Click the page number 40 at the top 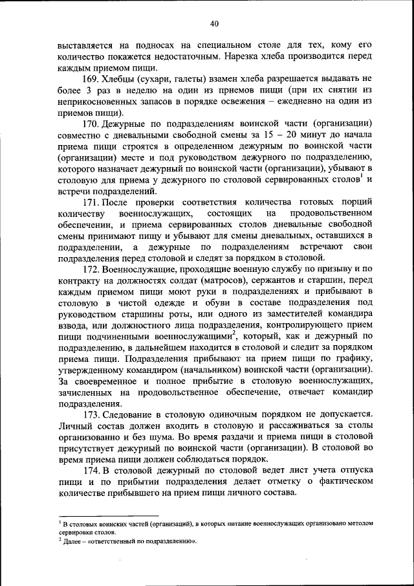(x=214, y=24)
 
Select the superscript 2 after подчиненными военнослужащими (x=234, y=333)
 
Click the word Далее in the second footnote (x=72, y=541)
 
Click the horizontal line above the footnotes (x=107, y=516)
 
